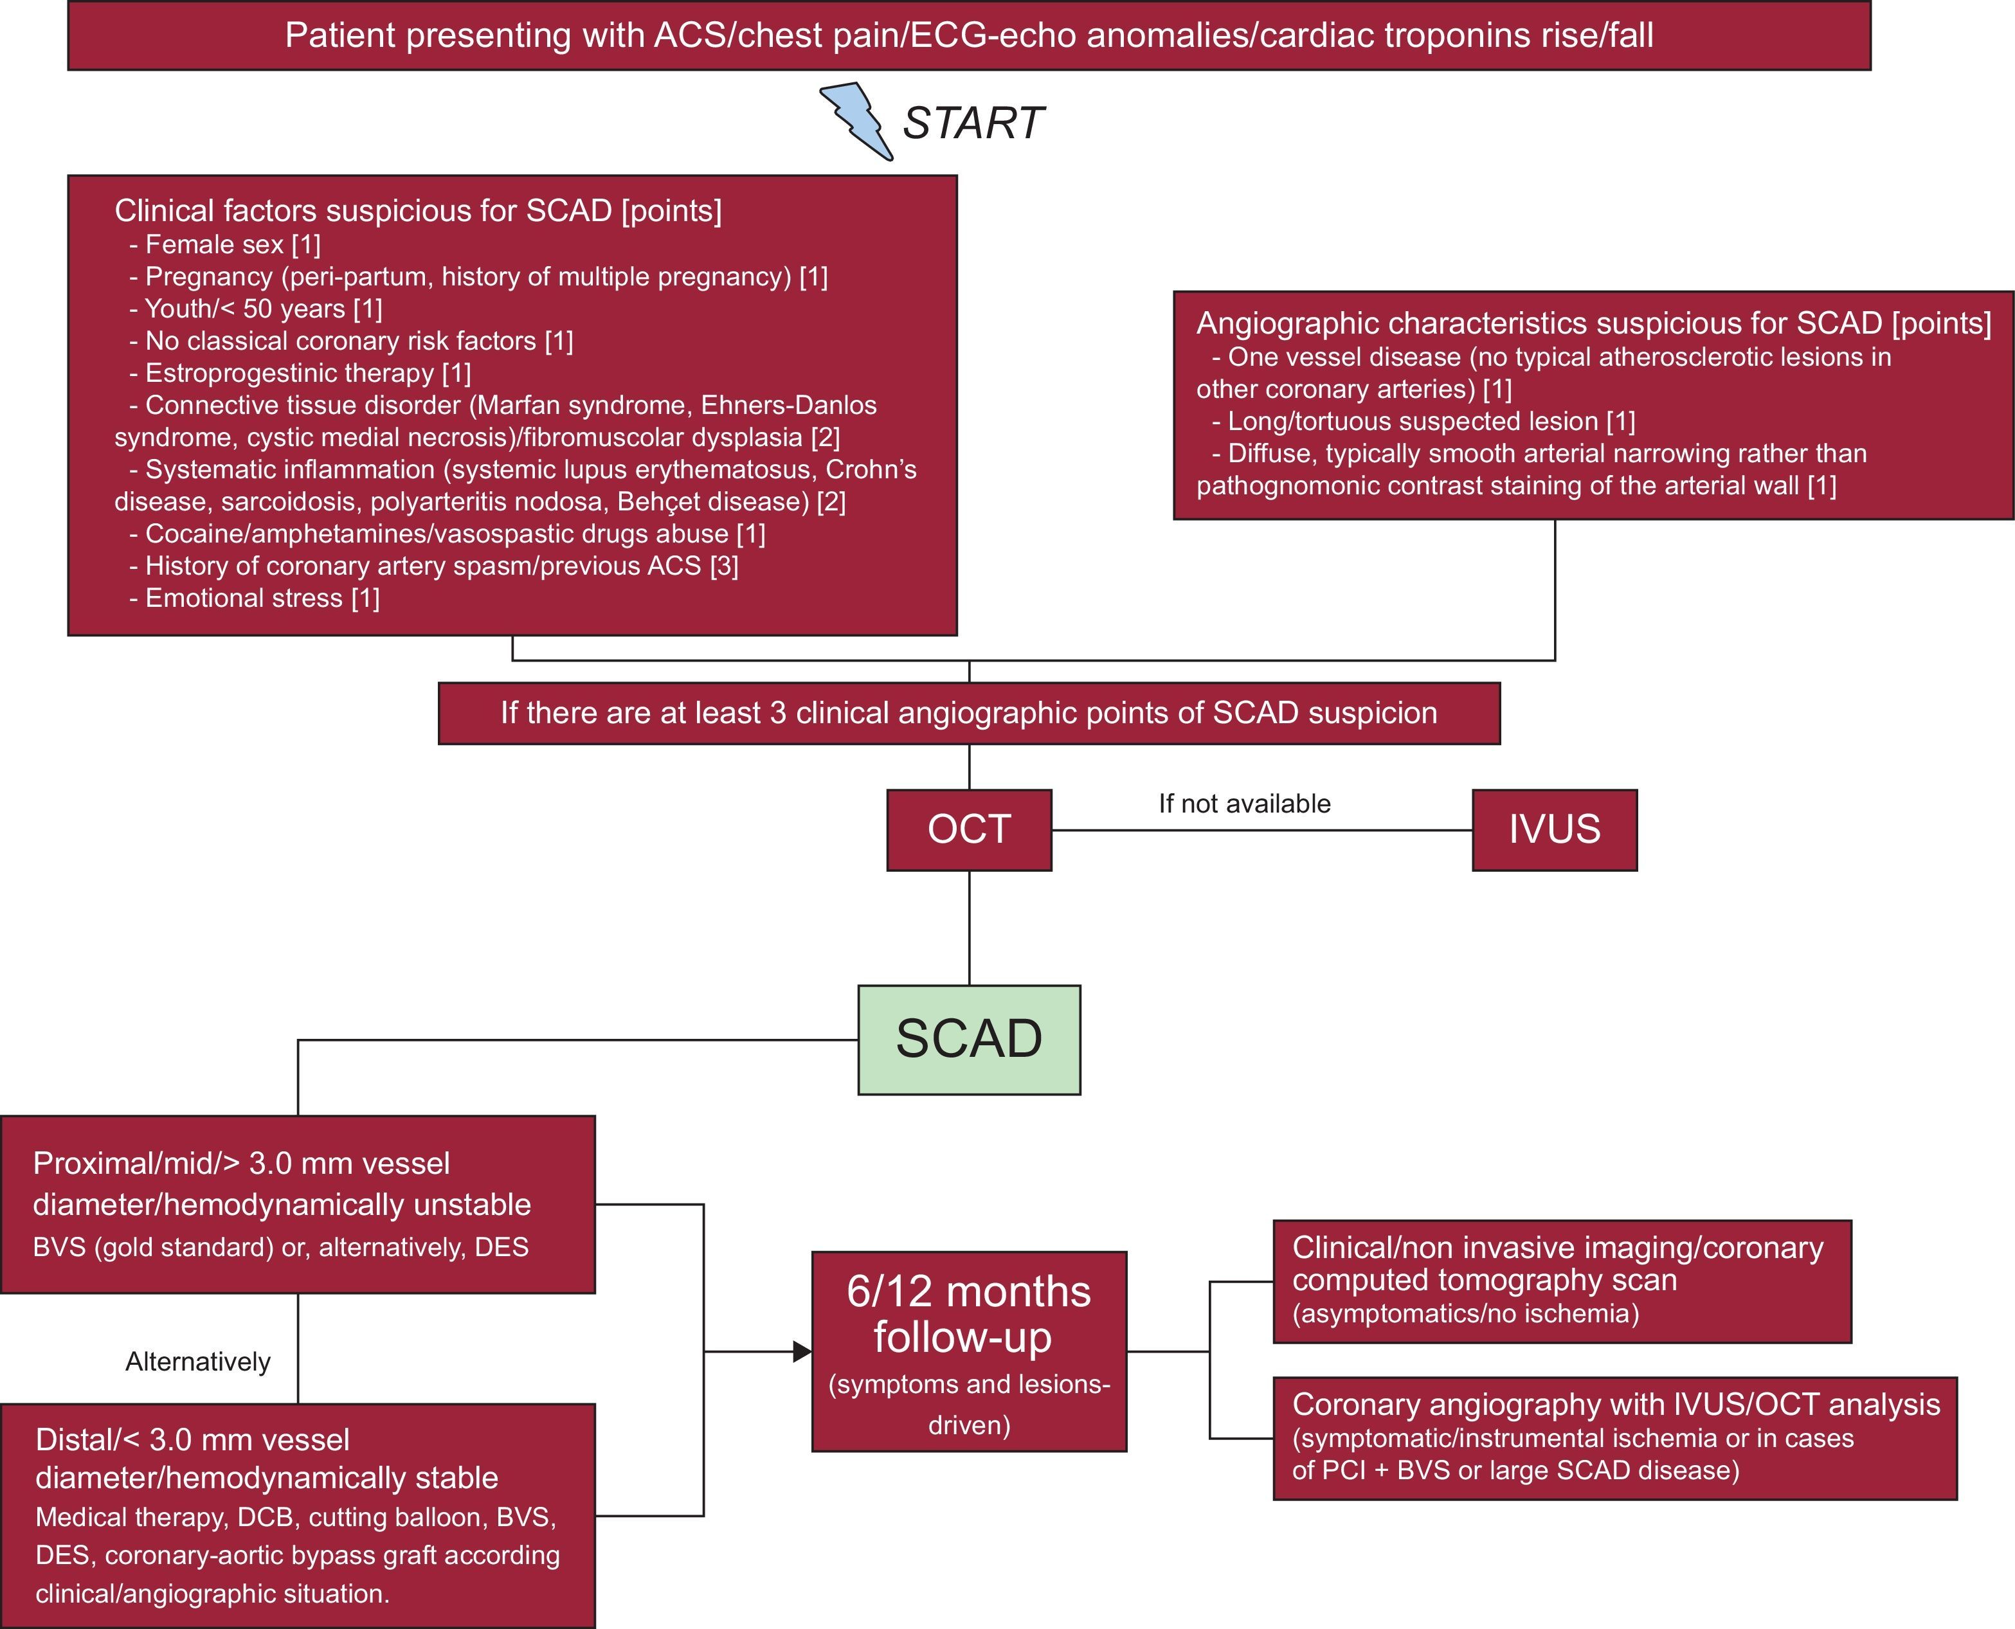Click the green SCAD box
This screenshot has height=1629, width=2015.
968,1039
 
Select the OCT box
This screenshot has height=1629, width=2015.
968,829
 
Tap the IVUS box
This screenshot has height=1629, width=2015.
1554,829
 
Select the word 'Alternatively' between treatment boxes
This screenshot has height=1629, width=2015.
198,1362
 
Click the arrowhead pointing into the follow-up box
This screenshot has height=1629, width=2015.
802,1351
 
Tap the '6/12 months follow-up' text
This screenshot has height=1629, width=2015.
968,1314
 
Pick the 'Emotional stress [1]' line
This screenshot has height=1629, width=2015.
255,598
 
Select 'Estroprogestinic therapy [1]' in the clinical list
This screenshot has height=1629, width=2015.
300,373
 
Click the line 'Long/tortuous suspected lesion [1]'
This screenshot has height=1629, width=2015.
1423,421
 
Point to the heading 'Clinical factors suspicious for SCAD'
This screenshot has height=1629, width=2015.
418,210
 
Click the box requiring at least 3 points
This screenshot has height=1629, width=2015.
968,713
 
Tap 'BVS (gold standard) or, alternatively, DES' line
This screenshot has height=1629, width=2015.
280,1247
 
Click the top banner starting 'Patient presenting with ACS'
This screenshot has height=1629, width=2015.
968,35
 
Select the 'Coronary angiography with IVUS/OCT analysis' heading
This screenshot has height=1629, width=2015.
1615,1405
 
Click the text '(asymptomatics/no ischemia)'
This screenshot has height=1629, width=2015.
1465,1313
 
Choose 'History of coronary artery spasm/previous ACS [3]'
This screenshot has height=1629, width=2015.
433,566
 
